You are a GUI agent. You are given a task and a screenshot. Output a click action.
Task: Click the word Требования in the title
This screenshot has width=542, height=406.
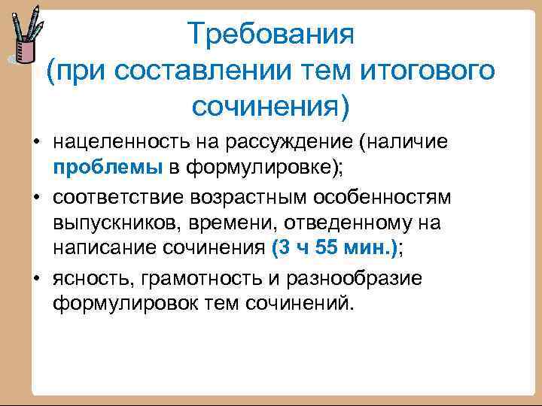(270, 35)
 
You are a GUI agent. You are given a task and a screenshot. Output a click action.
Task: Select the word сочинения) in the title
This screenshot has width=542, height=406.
(270, 107)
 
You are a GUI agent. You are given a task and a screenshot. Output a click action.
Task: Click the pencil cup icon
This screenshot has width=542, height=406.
(23, 38)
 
